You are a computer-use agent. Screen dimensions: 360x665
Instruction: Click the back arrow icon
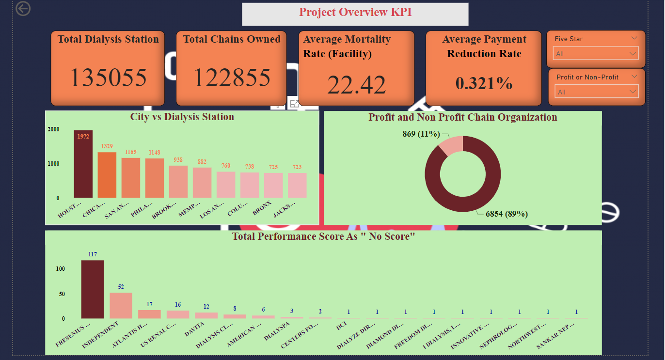tap(23, 8)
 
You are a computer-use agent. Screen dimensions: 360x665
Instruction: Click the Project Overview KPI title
tap(355, 12)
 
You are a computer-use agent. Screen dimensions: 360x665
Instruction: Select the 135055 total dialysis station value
tap(108, 78)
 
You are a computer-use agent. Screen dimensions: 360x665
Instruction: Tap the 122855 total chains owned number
tap(232, 78)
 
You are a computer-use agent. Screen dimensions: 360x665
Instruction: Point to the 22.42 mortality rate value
tap(356, 84)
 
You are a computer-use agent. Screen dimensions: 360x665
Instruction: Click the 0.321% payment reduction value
tap(484, 83)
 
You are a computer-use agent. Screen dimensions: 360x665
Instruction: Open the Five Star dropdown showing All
tap(596, 54)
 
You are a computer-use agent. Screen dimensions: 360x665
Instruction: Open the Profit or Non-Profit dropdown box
tap(596, 92)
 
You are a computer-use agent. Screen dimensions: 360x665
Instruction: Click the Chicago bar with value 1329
tap(107, 175)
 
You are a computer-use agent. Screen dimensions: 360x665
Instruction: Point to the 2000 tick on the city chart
tap(54, 129)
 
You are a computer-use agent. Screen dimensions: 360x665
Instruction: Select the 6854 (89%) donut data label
tap(507, 214)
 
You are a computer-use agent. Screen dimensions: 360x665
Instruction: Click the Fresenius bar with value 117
tap(92, 289)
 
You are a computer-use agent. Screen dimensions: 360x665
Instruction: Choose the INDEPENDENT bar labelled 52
tap(121, 305)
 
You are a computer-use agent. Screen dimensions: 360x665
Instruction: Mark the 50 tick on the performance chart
tap(61, 294)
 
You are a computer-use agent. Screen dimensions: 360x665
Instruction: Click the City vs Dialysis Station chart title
tap(182, 117)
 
